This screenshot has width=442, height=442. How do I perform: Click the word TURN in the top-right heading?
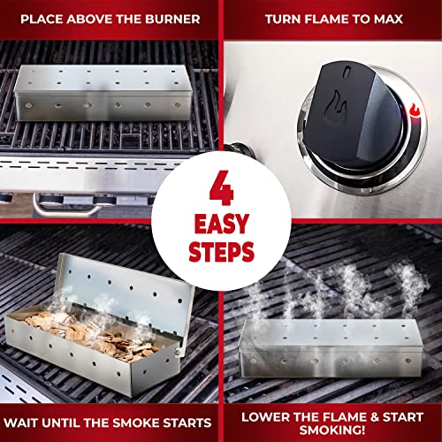[282, 18]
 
